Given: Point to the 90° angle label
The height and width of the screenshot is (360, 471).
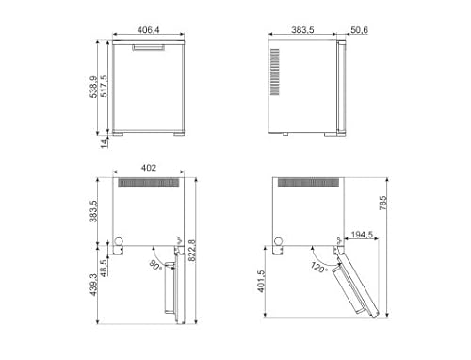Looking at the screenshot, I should click(x=154, y=266).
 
